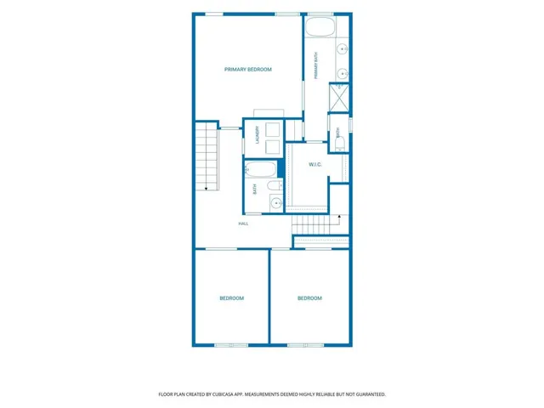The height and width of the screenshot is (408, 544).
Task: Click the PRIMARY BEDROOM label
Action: (x=247, y=70)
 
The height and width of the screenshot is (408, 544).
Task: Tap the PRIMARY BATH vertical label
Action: (x=316, y=65)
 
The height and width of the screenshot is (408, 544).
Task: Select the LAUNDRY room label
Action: (x=258, y=135)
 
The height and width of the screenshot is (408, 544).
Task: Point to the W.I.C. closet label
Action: (x=315, y=164)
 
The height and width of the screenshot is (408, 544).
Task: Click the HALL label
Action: (x=243, y=224)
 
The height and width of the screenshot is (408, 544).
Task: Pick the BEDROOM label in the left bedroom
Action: (x=232, y=298)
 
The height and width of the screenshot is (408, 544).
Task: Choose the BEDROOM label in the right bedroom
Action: (x=309, y=298)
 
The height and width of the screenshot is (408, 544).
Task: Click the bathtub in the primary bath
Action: (x=320, y=26)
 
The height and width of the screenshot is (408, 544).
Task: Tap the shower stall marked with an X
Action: (x=338, y=98)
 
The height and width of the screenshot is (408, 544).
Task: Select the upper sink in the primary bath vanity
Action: (x=343, y=49)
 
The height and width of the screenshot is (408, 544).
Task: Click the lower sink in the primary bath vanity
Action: (x=343, y=74)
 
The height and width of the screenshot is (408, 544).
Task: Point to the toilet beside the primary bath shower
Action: (x=340, y=143)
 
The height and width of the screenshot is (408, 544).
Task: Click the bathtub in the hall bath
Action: (x=261, y=169)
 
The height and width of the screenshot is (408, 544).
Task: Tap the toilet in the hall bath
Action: (x=275, y=185)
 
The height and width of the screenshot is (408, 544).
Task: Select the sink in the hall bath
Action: (x=276, y=202)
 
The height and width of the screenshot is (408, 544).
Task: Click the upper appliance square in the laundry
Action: (x=272, y=130)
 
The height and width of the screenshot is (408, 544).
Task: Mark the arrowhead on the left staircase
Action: (x=206, y=189)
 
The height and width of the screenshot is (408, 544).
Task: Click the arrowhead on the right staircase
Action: (x=339, y=217)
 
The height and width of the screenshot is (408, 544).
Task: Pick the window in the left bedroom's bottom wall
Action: (x=231, y=345)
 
